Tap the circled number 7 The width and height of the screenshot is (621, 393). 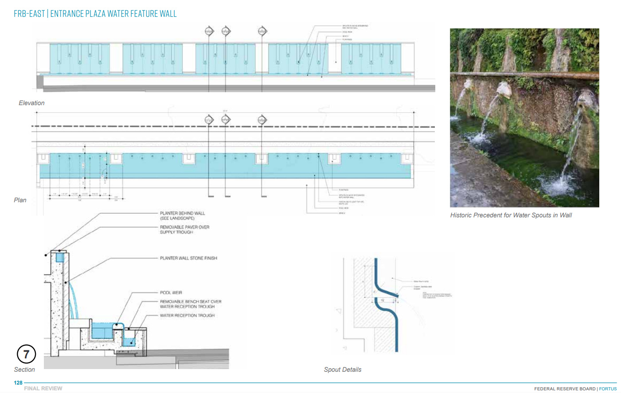pyautogui.click(x=26, y=354)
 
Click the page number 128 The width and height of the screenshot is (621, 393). pyautogui.click(x=18, y=383)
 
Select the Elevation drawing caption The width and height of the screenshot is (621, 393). pyautogui.click(x=31, y=103)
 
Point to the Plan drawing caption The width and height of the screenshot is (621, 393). pyautogui.click(x=20, y=200)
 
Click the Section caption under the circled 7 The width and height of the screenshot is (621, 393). pyautogui.click(x=24, y=369)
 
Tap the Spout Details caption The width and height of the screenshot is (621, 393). pyautogui.click(x=343, y=369)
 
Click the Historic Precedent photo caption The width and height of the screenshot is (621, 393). pyautogui.click(x=511, y=215)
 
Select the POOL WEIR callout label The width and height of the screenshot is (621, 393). pyautogui.click(x=171, y=293)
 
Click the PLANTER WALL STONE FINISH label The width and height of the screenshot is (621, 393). pyautogui.click(x=188, y=258)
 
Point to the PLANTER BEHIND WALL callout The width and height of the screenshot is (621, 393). pyautogui.click(x=182, y=216)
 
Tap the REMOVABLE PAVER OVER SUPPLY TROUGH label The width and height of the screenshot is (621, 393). pyautogui.click(x=184, y=229)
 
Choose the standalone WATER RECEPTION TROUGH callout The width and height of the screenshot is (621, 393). pyautogui.click(x=187, y=315)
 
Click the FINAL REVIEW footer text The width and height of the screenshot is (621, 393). pyautogui.click(x=43, y=389)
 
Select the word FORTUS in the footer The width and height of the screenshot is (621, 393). pyautogui.click(x=608, y=389)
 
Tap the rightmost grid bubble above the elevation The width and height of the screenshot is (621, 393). pyautogui.click(x=262, y=31)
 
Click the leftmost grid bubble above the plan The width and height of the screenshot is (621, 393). pyautogui.click(x=209, y=119)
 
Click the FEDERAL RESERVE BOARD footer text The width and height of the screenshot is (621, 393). pyautogui.click(x=565, y=389)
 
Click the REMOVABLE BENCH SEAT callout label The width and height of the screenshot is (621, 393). pyautogui.click(x=191, y=304)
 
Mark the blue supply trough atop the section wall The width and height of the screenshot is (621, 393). pyautogui.click(x=60, y=257)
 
